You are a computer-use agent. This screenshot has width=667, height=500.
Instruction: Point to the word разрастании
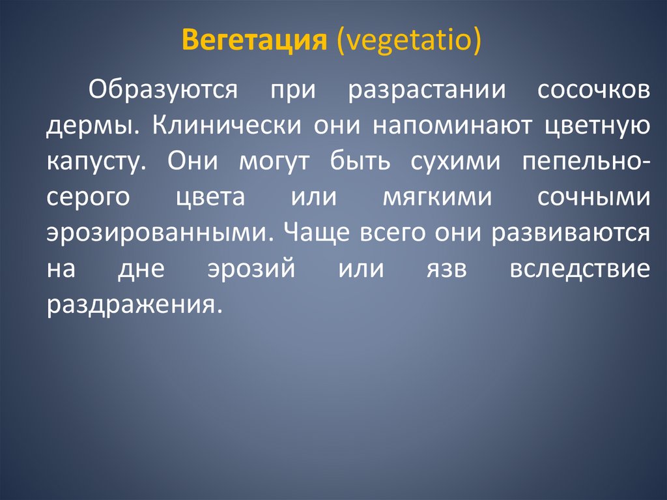(427, 90)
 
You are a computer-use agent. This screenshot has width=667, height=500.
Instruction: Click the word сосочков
(593, 90)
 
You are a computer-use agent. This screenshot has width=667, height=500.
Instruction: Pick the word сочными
(593, 198)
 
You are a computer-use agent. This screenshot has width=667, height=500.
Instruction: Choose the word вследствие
(580, 269)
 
